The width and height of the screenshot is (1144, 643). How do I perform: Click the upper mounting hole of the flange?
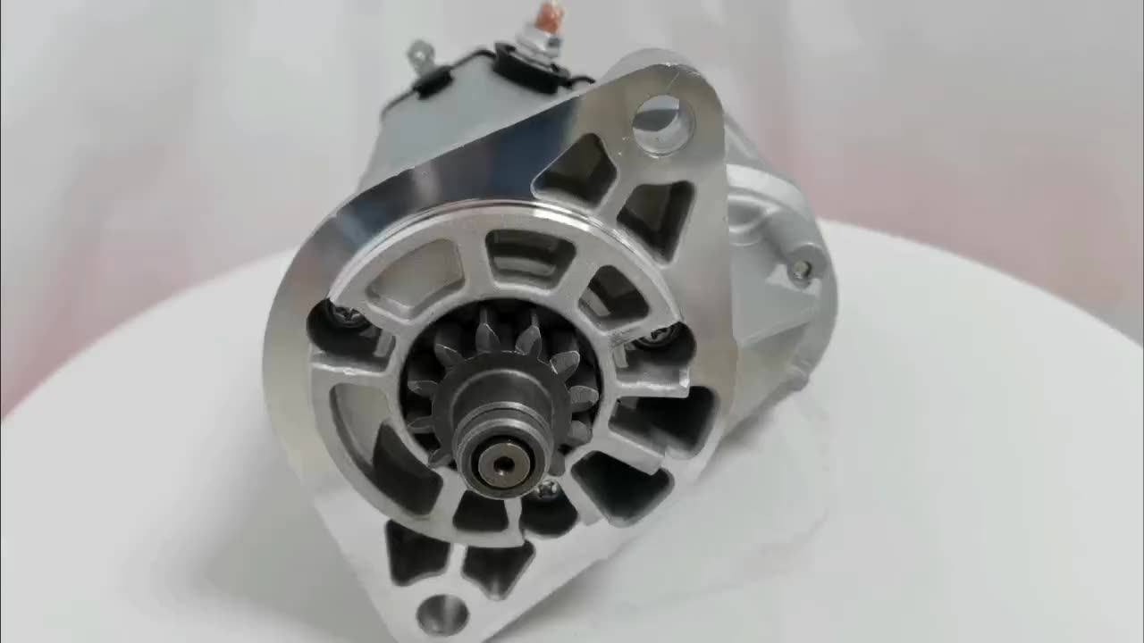[663, 121]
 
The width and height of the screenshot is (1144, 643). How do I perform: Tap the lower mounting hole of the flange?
[442, 614]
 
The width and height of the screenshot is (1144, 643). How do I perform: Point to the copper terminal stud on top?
[545, 16]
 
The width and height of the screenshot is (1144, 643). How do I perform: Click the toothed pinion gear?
[500, 366]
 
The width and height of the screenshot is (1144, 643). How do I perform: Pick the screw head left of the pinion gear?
[344, 315]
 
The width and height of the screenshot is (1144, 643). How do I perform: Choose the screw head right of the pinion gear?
[661, 335]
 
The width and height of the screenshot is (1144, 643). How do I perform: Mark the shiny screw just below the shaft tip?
[547, 489]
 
